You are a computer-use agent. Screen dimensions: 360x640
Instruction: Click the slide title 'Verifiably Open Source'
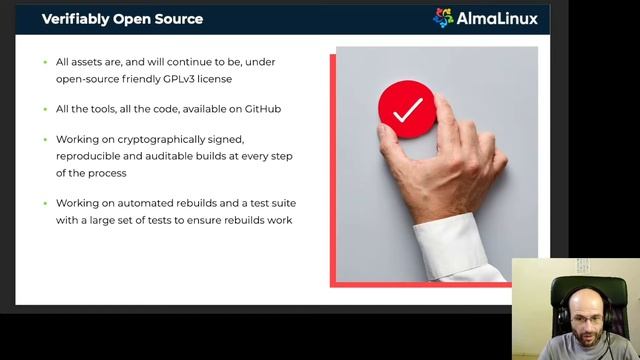click(x=122, y=19)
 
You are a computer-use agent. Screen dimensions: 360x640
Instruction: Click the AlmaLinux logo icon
click(x=443, y=17)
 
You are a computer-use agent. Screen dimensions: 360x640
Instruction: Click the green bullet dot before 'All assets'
click(x=45, y=62)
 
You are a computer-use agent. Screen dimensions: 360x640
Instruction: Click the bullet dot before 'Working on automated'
click(x=45, y=203)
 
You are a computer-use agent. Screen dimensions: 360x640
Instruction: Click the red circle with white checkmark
click(x=406, y=110)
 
